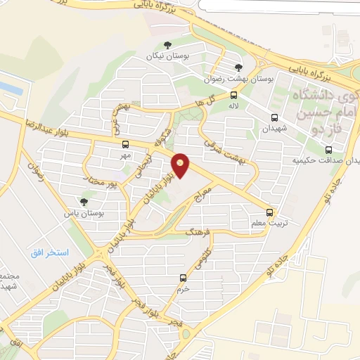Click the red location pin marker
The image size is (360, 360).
click(181, 165)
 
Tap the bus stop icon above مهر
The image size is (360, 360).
click(126, 143)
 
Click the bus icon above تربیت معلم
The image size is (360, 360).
click(270, 211)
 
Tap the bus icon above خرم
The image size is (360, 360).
click(184, 278)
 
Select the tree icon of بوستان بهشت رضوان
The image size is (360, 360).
click(238, 67)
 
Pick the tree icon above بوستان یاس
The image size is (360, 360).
click(84, 202)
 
